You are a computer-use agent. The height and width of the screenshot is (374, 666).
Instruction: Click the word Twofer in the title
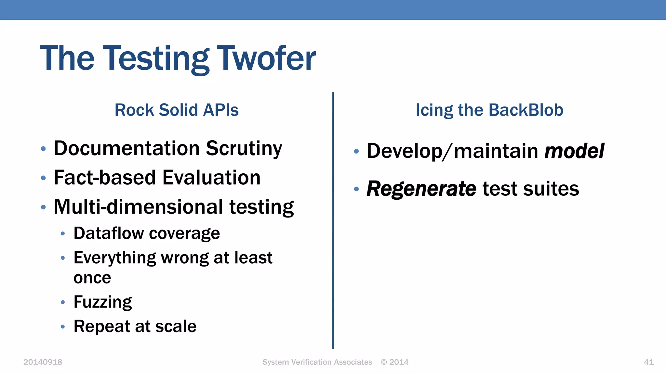266,58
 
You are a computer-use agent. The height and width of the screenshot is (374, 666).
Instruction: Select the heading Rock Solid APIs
177,110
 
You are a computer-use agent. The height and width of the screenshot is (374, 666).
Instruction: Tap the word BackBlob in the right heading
526,110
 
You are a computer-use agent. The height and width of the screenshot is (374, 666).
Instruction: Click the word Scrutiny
244,149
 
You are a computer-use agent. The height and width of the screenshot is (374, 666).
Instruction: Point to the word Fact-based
105,178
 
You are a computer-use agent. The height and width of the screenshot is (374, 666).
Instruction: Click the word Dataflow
109,233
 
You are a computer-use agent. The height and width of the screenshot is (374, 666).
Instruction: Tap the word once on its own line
92,278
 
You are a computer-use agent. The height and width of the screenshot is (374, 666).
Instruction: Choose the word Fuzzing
103,302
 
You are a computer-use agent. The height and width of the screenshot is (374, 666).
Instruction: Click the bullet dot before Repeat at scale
63,327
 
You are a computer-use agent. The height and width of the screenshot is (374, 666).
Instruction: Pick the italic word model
574,151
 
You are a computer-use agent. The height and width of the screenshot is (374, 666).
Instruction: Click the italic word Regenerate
421,189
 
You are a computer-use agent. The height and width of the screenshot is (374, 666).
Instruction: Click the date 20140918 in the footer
43,362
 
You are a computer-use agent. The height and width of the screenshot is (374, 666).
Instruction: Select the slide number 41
648,362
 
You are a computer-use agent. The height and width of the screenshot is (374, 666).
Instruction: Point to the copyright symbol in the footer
384,362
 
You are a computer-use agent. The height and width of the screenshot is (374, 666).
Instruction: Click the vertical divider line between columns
333,221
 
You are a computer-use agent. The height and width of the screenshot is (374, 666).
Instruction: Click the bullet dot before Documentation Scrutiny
43,149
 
